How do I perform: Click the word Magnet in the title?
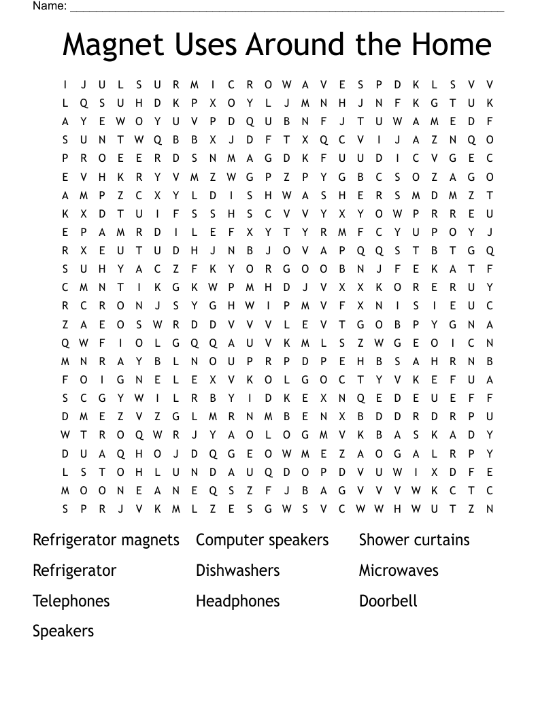[x=113, y=45]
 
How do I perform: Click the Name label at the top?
[x=49, y=6]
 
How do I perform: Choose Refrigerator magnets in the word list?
[x=106, y=541]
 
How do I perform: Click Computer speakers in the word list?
[x=262, y=541]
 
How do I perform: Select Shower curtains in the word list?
[x=414, y=540]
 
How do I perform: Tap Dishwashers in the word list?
[x=237, y=570]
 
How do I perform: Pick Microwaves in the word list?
[x=399, y=570]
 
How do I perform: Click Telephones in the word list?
[x=71, y=601]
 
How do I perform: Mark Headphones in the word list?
[x=237, y=601]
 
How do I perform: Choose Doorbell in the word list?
[x=388, y=601]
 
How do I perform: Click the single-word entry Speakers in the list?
[x=63, y=631]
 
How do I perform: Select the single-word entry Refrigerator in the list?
[x=74, y=570]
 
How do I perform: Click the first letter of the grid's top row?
[x=65, y=85]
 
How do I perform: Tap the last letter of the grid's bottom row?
[x=490, y=509]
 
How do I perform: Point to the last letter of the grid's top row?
[x=490, y=85]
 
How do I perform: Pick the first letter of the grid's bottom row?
[x=65, y=509]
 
